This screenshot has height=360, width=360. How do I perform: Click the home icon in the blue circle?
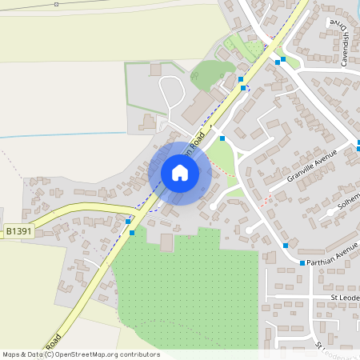(180, 172)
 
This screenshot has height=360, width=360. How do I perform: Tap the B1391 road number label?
(20, 231)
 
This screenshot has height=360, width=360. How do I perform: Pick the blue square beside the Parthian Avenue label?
(302, 262)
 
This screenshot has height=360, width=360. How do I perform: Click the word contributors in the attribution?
(138, 354)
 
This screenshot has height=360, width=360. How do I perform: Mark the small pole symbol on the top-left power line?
(57, 4)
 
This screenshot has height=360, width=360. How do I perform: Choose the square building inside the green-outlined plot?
(155, 70)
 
